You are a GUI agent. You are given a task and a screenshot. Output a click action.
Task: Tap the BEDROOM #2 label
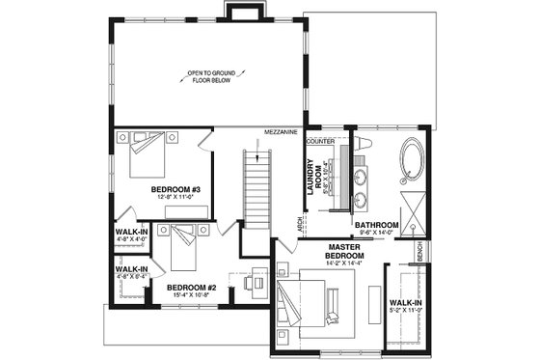tap(190, 287)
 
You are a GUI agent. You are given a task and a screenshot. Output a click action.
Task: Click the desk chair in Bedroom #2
tap(250, 284)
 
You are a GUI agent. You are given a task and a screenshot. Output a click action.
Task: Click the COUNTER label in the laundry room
tap(320, 141)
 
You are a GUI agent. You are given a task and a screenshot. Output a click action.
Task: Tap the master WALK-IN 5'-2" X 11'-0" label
tap(405, 306)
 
